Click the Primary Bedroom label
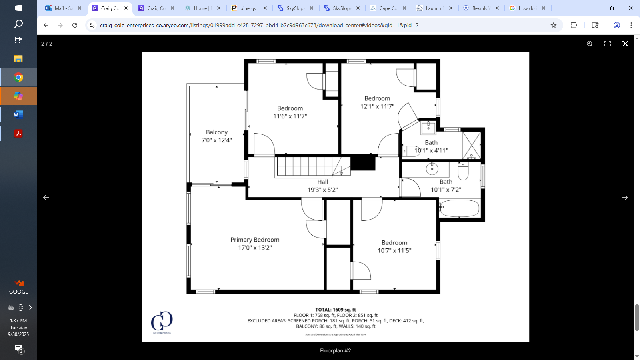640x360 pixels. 255,240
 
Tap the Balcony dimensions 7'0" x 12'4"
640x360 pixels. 216,140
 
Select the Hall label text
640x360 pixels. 322,182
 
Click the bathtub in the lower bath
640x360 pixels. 459,208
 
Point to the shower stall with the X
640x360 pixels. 472,145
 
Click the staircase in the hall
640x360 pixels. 308,166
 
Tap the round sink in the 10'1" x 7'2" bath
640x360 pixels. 432,169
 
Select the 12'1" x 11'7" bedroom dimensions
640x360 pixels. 377,106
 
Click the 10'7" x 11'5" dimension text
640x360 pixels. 394,250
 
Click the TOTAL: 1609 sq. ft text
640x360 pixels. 335,310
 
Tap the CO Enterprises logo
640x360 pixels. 162,322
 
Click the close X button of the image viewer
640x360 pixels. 625,44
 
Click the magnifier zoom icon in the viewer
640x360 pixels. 590,44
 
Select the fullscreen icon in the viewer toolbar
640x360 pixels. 607,44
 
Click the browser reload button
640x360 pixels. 75,25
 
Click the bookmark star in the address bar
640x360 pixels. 553,25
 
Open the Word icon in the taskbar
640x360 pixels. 18,115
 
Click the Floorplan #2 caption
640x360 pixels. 335,350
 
